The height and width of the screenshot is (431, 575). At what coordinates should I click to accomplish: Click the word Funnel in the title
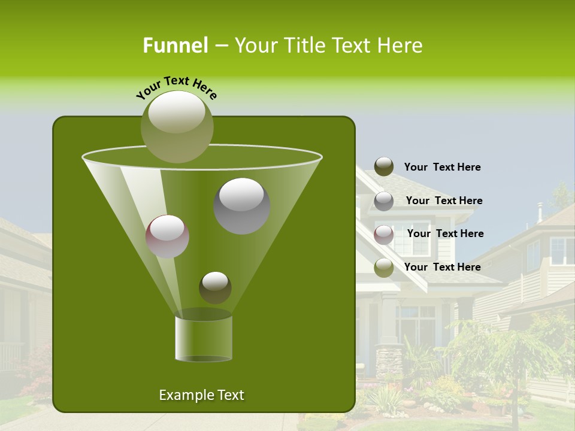tap(175, 45)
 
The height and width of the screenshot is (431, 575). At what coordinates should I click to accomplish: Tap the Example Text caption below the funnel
tap(201, 395)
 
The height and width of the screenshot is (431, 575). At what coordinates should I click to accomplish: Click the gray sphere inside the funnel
tap(241, 206)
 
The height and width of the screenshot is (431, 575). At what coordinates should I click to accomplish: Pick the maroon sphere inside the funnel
tap(168, 236)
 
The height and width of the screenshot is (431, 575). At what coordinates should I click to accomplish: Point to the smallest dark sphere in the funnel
tap(215, 287)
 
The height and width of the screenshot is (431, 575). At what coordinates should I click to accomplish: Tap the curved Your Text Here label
tap(177, 87)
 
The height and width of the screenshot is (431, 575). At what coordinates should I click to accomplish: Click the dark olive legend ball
tap(384, 167)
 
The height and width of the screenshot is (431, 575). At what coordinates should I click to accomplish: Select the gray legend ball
tap(384, 201)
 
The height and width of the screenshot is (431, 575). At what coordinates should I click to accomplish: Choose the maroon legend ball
tap(384, 234)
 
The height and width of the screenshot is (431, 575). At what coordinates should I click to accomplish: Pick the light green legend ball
tap(384, 268)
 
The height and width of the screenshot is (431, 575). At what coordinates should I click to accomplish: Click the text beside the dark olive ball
tap(442, 167)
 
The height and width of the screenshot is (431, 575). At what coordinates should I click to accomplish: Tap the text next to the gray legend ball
tap(444, 201)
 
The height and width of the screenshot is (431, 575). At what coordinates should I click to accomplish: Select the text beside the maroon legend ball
tap(445, 233)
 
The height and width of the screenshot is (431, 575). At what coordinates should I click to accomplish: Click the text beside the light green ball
tap(442, 267)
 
